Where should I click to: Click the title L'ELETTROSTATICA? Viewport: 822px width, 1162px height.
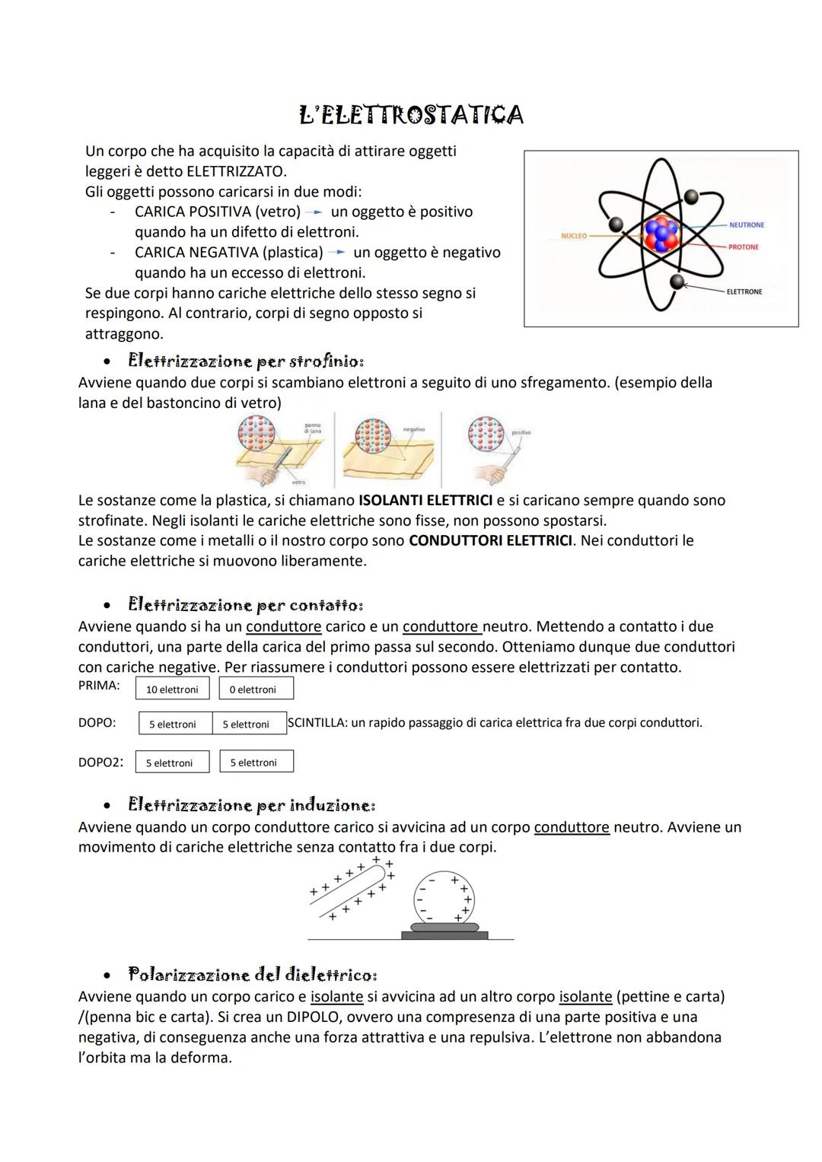[x=411, y=115]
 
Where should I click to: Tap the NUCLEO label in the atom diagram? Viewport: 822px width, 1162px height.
[x=573, y=236]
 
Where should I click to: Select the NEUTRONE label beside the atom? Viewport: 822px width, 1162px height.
[x=746, y=225]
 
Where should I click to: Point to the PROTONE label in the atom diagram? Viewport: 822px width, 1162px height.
[x=743, y=247]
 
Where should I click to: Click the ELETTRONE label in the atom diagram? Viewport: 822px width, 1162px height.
[x=744, y=291]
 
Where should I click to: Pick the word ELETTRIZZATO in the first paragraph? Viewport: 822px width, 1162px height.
[x=236, y=171]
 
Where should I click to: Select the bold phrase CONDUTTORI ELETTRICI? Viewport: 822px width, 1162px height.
[x=490, y=541]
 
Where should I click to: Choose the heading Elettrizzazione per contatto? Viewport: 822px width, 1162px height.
[x=245, y=605]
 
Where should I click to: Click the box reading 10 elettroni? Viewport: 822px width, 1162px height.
[x=172, y=689]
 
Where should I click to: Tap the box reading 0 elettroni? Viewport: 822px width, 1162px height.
[x=256, y=689]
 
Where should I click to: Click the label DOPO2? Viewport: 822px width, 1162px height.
[x=100, y=762]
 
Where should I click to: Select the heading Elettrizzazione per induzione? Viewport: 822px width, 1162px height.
[x=251, y=805]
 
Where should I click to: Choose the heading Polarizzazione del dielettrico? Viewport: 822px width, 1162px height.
[x=253, y=975]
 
